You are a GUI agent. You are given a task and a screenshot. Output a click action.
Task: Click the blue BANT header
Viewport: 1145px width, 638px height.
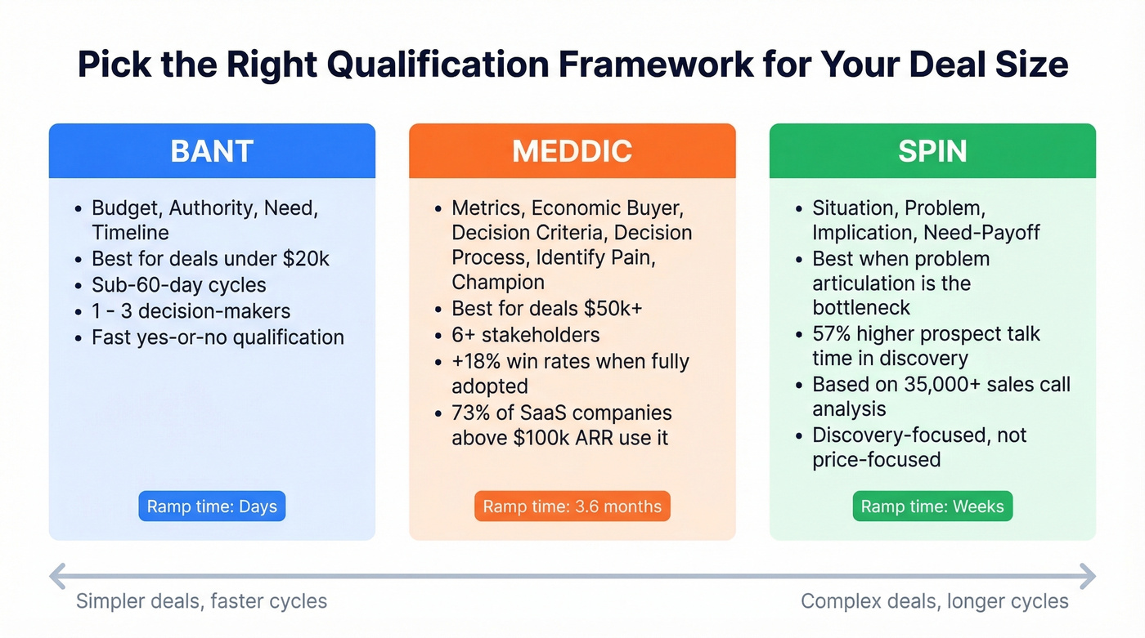(x=212, y=151)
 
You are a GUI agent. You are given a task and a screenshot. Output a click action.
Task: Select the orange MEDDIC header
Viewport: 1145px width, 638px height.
(x=572, y=151)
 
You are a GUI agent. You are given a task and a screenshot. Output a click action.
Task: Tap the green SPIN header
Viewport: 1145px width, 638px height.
(x=932, y=151)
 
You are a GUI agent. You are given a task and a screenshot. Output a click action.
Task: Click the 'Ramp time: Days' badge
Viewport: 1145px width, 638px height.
(x=212, y=506)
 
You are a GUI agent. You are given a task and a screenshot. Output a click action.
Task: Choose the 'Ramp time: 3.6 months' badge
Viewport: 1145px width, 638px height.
(x=572, y=506)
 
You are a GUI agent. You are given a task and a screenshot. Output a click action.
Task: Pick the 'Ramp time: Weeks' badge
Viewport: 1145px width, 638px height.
(x=932, y=506)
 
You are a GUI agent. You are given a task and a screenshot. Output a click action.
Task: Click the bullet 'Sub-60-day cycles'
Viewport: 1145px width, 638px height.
(x=179, y=285)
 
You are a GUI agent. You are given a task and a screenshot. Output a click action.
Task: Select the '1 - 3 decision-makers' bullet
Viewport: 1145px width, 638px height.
(x=191, y=311)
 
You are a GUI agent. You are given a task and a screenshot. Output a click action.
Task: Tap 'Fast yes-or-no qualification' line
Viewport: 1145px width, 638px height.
(x=218, y=337)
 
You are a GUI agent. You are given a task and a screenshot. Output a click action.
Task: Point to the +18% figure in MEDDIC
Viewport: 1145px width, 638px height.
(x=478, y=361)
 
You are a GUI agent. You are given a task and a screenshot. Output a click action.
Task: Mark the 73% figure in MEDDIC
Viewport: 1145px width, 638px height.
(x=472, y=413)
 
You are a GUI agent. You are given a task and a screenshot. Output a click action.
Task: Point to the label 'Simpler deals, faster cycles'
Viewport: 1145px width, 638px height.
(x=201, y=602)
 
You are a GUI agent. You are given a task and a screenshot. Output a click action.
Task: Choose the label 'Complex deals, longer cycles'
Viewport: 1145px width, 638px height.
(x=934, y=602)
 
